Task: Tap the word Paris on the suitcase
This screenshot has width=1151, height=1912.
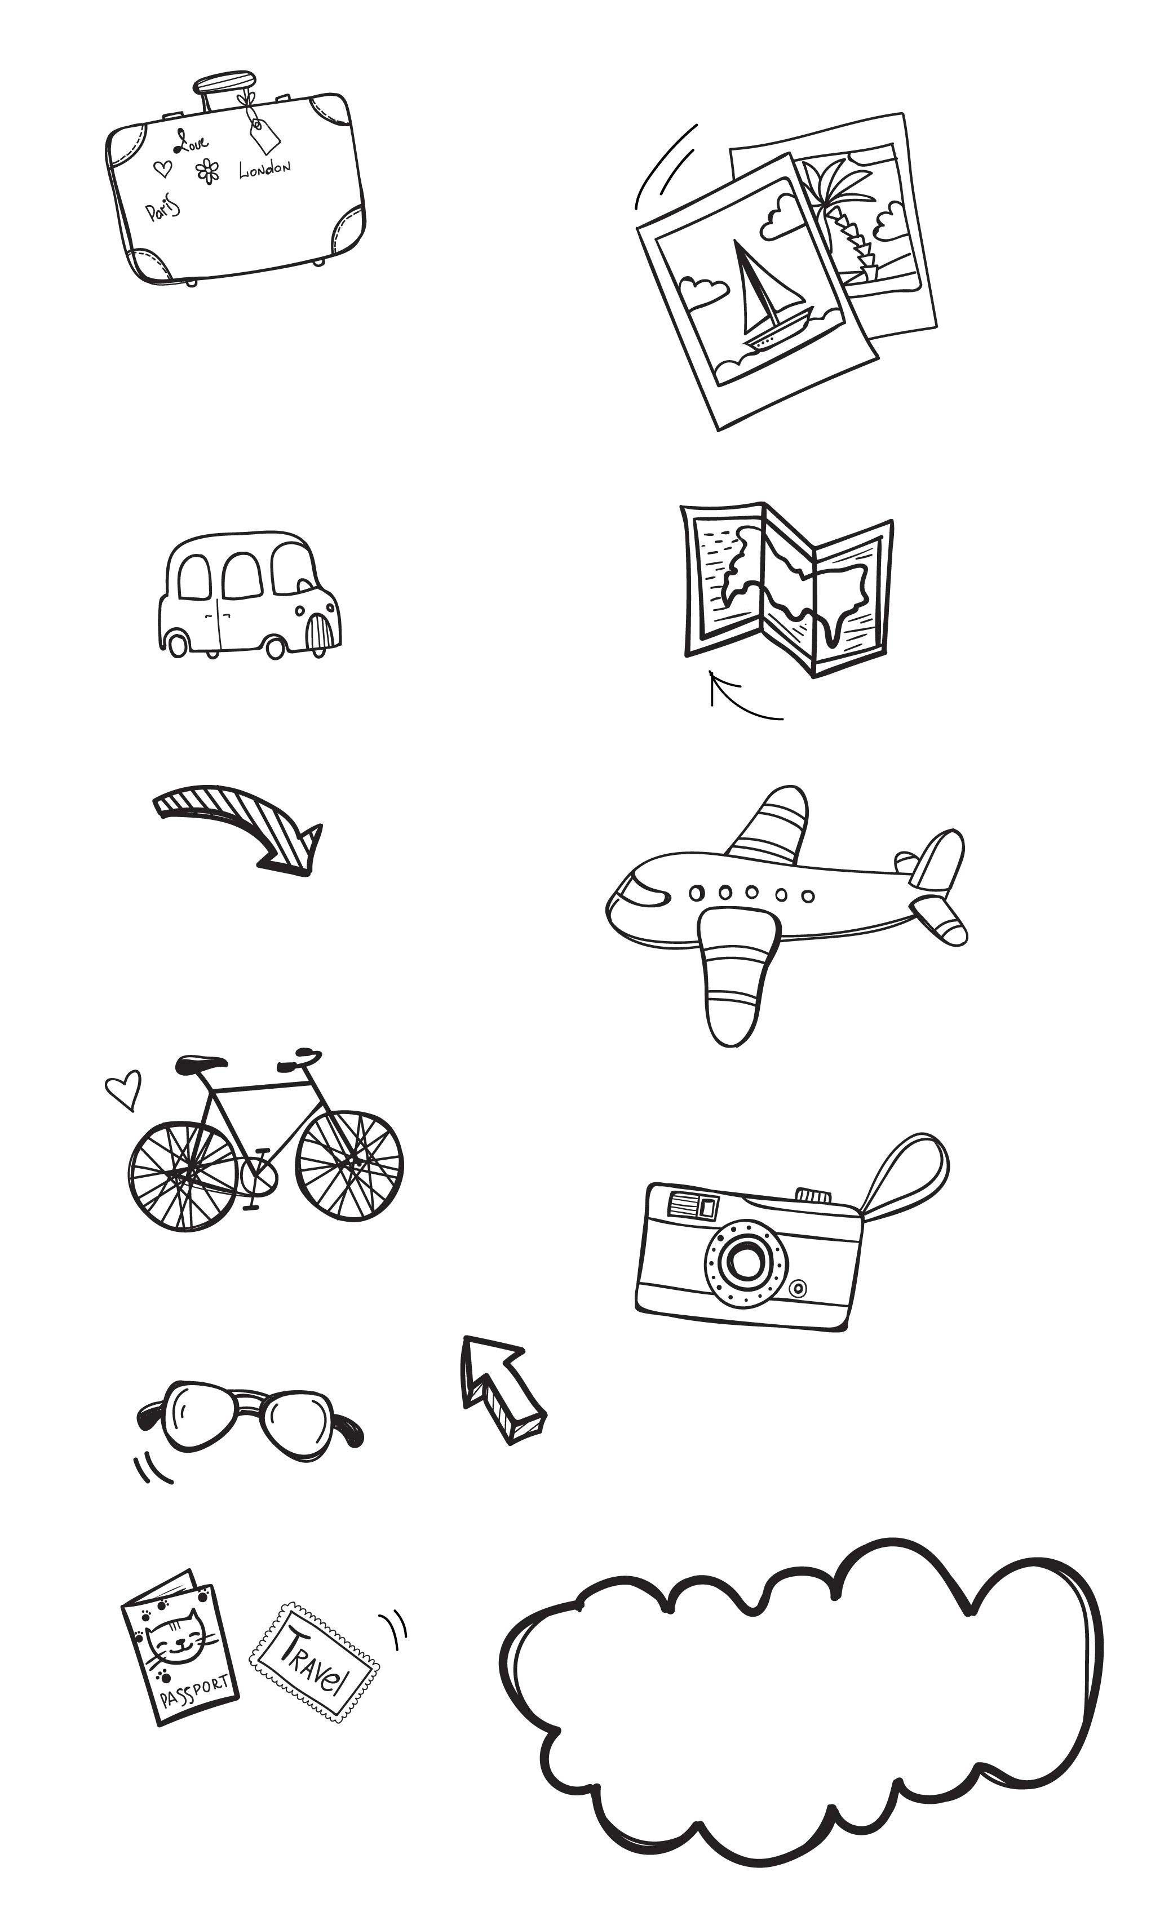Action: pos(163,208)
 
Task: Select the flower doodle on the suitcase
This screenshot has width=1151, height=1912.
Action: pos(207,171)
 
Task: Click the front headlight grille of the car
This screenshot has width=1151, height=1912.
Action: pos(322,632)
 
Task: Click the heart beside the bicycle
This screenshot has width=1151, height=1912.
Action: pos(124,1089)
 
